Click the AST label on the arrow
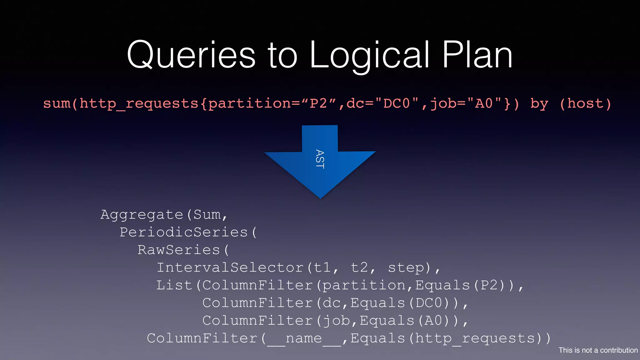point(320,159)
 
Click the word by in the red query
point(539,103)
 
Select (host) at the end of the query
point(585,103)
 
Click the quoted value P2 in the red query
point(318,103)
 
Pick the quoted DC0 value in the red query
point(397,103)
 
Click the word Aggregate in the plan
point(142,215)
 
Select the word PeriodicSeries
point(184,232)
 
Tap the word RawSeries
point(179,250)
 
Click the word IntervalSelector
point(230,268)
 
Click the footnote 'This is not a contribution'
point(598,350)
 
